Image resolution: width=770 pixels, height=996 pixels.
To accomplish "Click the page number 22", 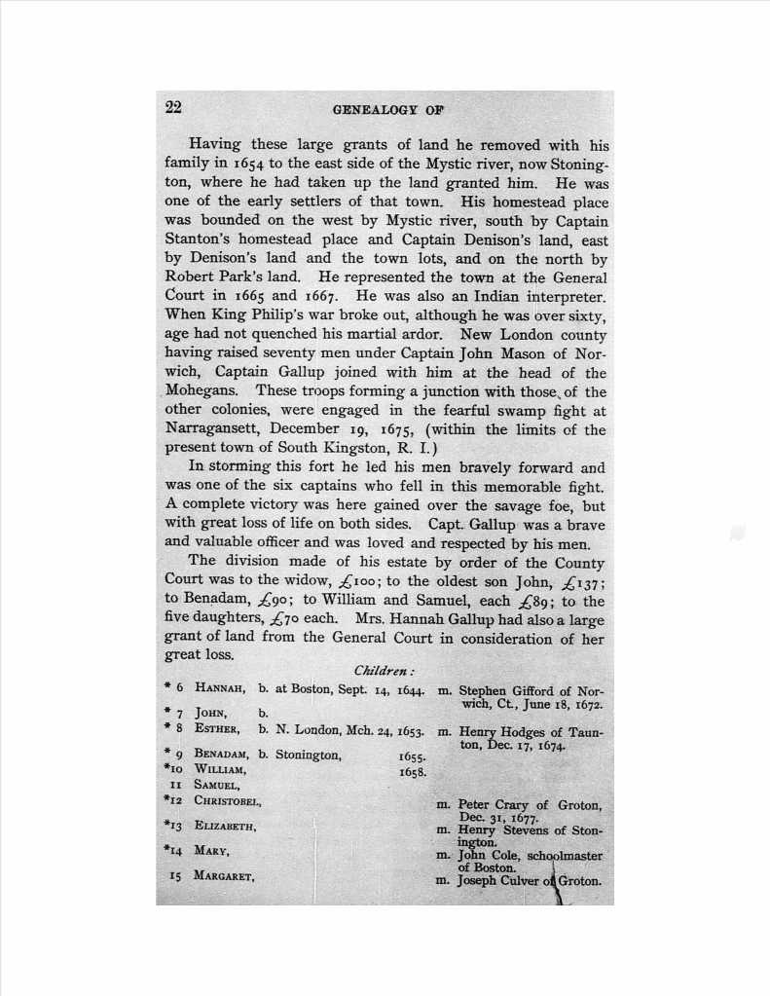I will (x=174, y=108).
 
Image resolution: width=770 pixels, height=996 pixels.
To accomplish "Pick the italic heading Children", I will (x=384, y=671).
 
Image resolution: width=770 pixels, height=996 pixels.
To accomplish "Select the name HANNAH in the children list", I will (x=220, y=689).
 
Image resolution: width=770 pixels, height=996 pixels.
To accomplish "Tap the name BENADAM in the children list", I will (x=222, y=754).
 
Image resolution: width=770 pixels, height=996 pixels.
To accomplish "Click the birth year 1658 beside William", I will (x=414, y=771).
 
